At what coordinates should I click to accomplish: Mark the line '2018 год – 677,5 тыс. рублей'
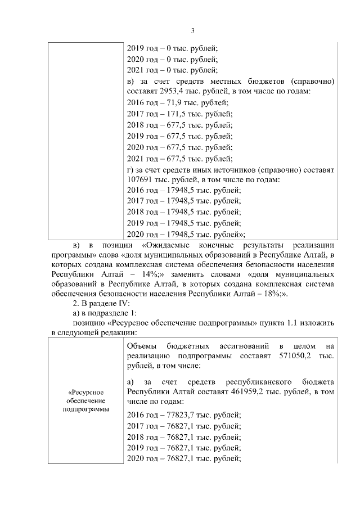pyautogui.click(x=179, y=125)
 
